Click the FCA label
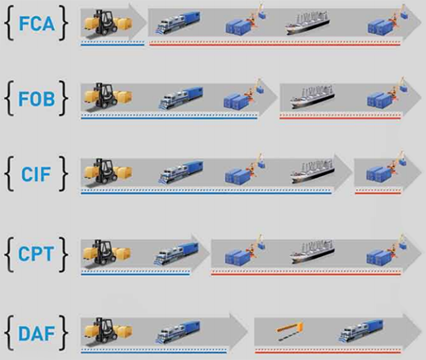tap(37, 24)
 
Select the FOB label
tap(37, 99)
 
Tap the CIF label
tap(37, 174)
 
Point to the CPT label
tap(36, 254)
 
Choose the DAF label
tap(37, 334)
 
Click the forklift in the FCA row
tap(107, 23)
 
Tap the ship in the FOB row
tap(312, 96)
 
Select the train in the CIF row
tap(181, 172)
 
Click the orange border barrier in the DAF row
tap(289, 330)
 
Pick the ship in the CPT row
tap(312, 252)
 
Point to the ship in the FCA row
tap(307, 23)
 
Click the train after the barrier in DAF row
tap(360, 330)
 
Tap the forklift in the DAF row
tap(107, 331)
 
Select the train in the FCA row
tap(178, 23)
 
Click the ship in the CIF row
tap(312, 171)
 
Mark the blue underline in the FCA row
tap(112, 45)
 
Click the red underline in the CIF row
tap(377, 193)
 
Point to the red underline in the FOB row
tap(340, 118)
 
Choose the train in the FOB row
tap(181, 98)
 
